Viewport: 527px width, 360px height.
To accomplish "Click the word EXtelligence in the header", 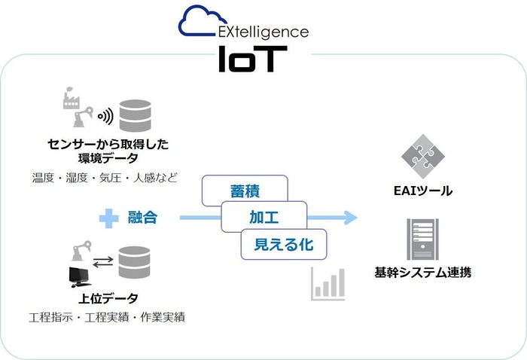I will [261, 32].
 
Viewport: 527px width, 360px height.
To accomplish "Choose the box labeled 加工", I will [263, 217].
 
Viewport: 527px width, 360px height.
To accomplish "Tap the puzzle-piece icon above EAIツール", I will [423, 155].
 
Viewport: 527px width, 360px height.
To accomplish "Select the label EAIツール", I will [423, 191].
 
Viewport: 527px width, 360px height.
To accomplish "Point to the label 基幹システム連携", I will [422, 273].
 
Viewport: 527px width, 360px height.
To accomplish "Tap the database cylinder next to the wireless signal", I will [136, 114].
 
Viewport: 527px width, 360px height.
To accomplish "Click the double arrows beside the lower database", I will [105, 261].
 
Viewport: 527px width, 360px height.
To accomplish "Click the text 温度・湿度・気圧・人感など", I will [105, 178].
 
